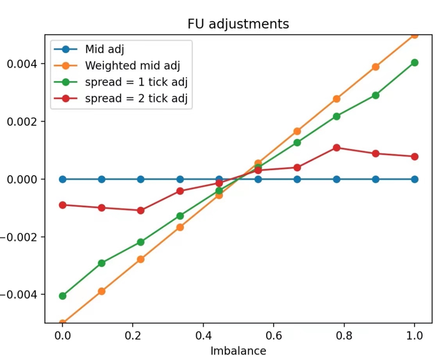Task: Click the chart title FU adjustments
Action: tap(238, 24)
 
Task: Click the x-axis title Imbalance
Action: tap(238, 351)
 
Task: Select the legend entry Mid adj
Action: tap(105, 49)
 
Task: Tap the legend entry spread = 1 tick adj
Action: tap(136, 82)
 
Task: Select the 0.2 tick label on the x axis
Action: tap(133, 335)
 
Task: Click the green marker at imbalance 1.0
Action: tap(415, 63)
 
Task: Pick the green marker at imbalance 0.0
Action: tap(63, 296)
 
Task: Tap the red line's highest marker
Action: tap(337, 147)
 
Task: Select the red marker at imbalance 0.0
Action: tap(63, 205)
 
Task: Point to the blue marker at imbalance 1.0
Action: tap(415, 179)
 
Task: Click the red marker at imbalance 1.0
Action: tap(415, 157)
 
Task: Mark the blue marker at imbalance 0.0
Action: tap(63, 179)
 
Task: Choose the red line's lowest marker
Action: tap(141, 210)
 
